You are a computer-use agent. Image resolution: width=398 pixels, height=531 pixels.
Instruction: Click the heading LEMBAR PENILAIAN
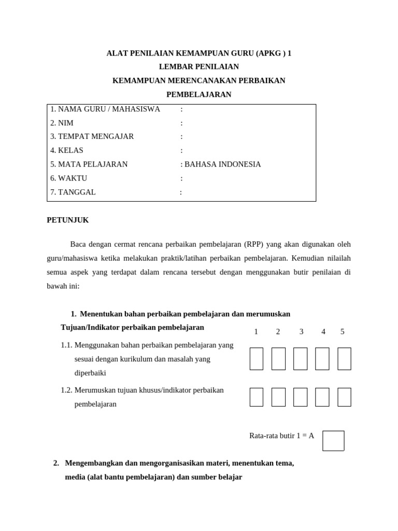point(198,66)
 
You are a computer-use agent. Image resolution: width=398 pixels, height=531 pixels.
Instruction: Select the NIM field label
point(62,123)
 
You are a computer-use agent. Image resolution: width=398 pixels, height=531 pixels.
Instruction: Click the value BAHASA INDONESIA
point(222,164)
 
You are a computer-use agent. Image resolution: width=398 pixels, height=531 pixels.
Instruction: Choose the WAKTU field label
point(68,178)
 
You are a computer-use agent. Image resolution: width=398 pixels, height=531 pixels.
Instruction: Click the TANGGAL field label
point(73,192)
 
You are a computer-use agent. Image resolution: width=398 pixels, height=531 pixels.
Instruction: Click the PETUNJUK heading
point(68,220)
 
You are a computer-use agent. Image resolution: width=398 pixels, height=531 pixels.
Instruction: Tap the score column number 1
point(256,332)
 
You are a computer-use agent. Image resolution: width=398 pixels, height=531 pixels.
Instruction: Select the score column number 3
point(301,332)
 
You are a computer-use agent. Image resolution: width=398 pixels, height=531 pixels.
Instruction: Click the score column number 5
point(342,332)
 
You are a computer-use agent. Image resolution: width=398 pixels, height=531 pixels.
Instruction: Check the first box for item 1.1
point(257,359)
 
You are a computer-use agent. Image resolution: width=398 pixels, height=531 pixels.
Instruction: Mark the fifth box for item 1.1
point(344,359)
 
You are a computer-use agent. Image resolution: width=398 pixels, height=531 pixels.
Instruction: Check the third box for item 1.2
point(300,397)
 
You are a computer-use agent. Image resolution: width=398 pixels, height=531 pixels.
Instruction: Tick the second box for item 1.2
point(278,397)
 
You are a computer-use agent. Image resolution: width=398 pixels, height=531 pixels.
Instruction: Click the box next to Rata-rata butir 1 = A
point(333,441)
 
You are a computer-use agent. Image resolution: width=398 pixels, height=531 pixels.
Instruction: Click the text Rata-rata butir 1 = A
point(281,436)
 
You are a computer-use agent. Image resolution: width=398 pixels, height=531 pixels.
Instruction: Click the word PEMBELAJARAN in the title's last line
point(198,94)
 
